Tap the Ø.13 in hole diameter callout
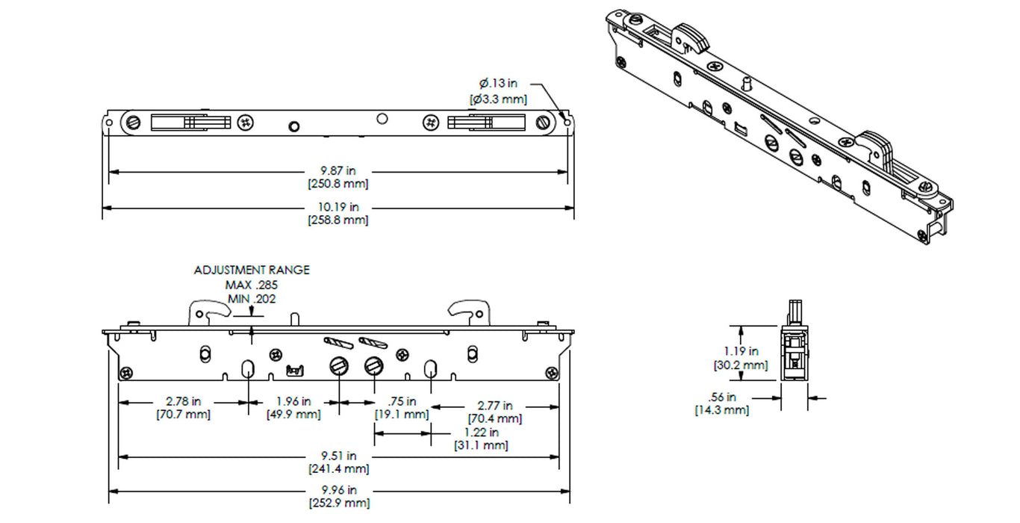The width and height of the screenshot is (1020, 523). pyautogui.click(x=498, y=83)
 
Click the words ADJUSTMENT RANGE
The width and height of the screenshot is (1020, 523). pyautogui.click(x=252, y=270)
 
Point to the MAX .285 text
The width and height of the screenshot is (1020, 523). pyautogui.click(x=252, y=285)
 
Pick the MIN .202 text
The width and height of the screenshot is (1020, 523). pyautogui.click(x=252, y=299)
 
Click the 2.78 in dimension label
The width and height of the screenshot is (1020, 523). pyautogui.click(x=183, y=402)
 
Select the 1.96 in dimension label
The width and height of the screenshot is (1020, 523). pyautogui.click(x=293, y=402)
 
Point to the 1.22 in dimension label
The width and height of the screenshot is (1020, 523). pyautogui.click(x=481, y=433)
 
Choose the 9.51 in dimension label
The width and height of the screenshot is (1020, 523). pyautogui.click(x=338, y=456)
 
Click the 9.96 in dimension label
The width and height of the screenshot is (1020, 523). pyautogui.click(x=338, y=490)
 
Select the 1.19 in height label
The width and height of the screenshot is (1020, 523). pyautogui.click(x=741, y=350)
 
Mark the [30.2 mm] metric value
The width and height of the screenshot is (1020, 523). pyautogui.click(x=741, y=365)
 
